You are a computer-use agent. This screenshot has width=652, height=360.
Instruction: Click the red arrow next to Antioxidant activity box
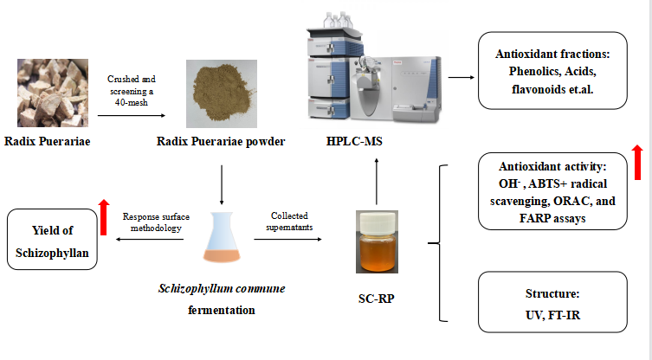pyautogui.click(x=638, y=161)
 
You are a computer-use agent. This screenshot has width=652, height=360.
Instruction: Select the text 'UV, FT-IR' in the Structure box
pyautogui.click(x=552, y=316)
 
